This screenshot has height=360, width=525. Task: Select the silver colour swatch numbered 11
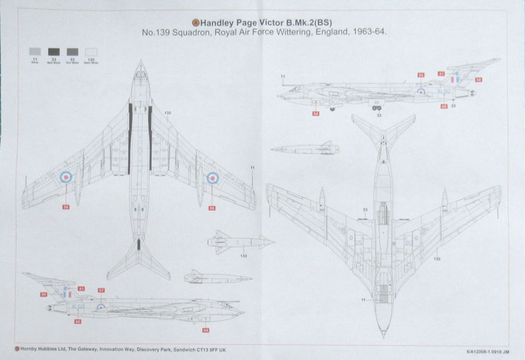coord(33,51)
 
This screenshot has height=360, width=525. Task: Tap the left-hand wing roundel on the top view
coord(66,176)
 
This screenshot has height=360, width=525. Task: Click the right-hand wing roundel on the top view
coord(213,176)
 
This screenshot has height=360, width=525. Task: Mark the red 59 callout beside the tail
coord(43,296)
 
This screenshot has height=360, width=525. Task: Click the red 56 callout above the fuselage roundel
coord(421,75)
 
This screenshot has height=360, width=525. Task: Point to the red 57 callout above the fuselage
coord(101,290)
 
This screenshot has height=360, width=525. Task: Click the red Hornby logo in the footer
coord(16,350)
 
